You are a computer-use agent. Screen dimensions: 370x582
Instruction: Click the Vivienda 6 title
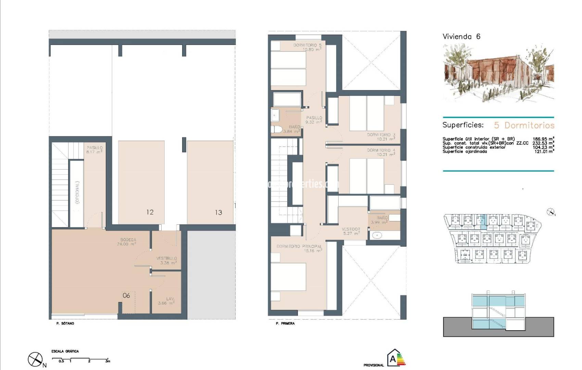point(461,37)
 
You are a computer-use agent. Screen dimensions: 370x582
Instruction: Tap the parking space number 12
point(150,212)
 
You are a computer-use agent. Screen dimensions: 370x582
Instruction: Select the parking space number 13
point(218,212)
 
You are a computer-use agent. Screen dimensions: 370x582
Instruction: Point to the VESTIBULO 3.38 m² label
point(167,260)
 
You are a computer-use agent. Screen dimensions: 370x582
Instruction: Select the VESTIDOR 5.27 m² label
point(351,231)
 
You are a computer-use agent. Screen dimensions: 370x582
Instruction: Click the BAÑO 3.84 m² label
point(294,129)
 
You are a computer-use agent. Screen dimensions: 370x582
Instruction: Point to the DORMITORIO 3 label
point(381,137)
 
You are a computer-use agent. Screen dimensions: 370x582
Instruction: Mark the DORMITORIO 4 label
point(381,152)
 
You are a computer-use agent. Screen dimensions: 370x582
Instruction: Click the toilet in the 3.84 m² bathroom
point(276,129)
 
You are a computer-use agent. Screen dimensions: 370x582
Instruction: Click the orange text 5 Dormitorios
point(524,125)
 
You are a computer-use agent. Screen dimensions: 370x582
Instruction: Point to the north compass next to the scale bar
point(36,359)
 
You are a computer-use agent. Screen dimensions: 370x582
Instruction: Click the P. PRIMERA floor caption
point(285,323)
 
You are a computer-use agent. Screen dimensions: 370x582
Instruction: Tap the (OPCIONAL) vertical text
point(77,193)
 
